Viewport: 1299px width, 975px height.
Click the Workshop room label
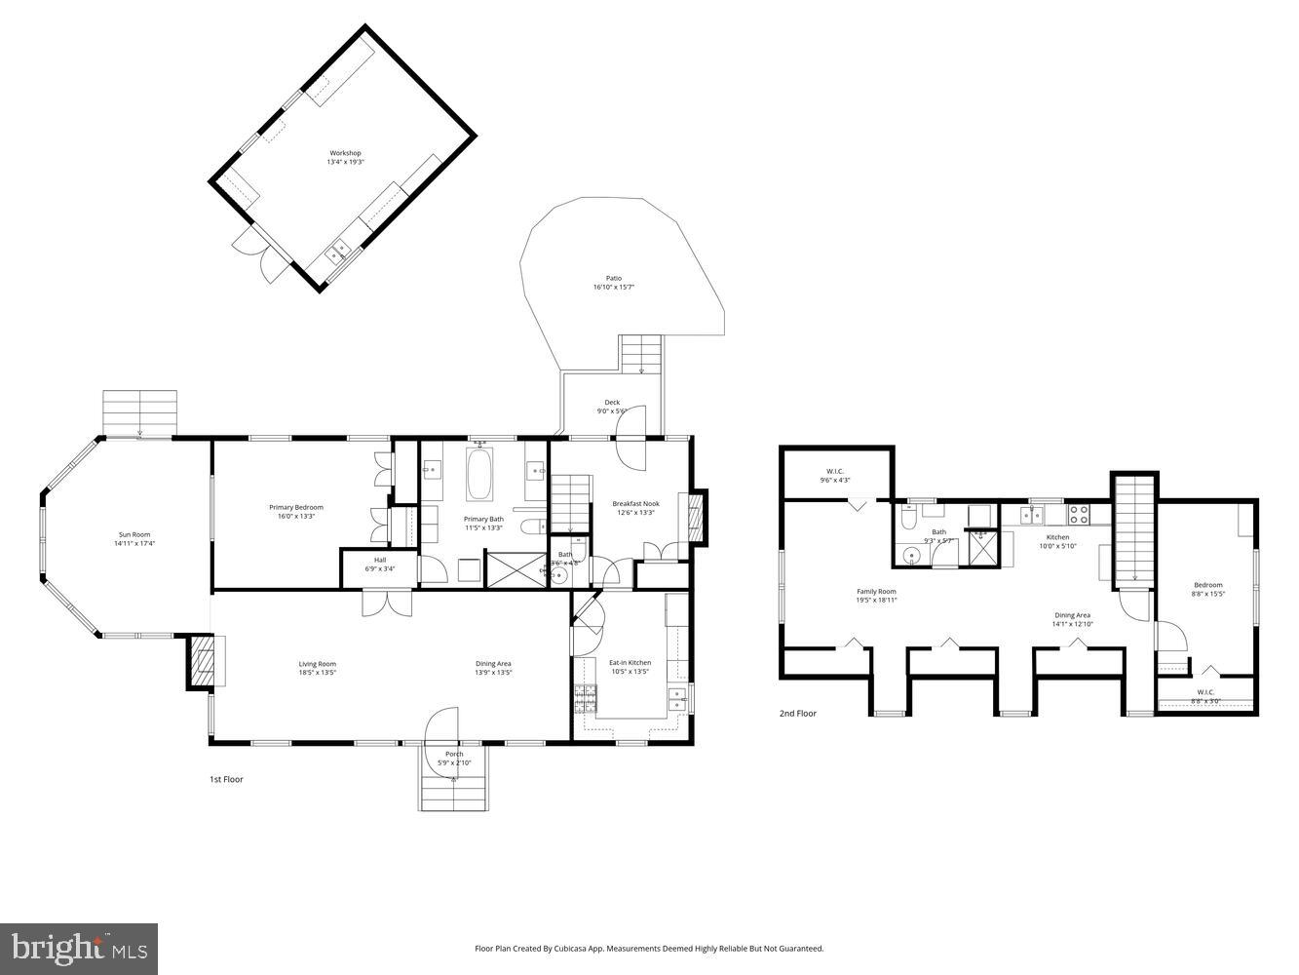click(345, 157)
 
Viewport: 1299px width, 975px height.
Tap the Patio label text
click(614, 283)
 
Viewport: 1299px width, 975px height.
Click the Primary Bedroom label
click(296, 511)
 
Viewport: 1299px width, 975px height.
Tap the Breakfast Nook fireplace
click(696, 516)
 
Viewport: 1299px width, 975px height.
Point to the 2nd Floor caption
click(797, 714)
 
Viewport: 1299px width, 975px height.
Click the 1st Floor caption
click(226, 779)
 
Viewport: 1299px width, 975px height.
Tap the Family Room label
click(876, 596)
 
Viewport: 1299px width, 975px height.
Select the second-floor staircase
click(1133, 531)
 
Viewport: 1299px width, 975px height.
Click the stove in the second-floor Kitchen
click(1080, 510)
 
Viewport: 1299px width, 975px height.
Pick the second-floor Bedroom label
click(1207, 589)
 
